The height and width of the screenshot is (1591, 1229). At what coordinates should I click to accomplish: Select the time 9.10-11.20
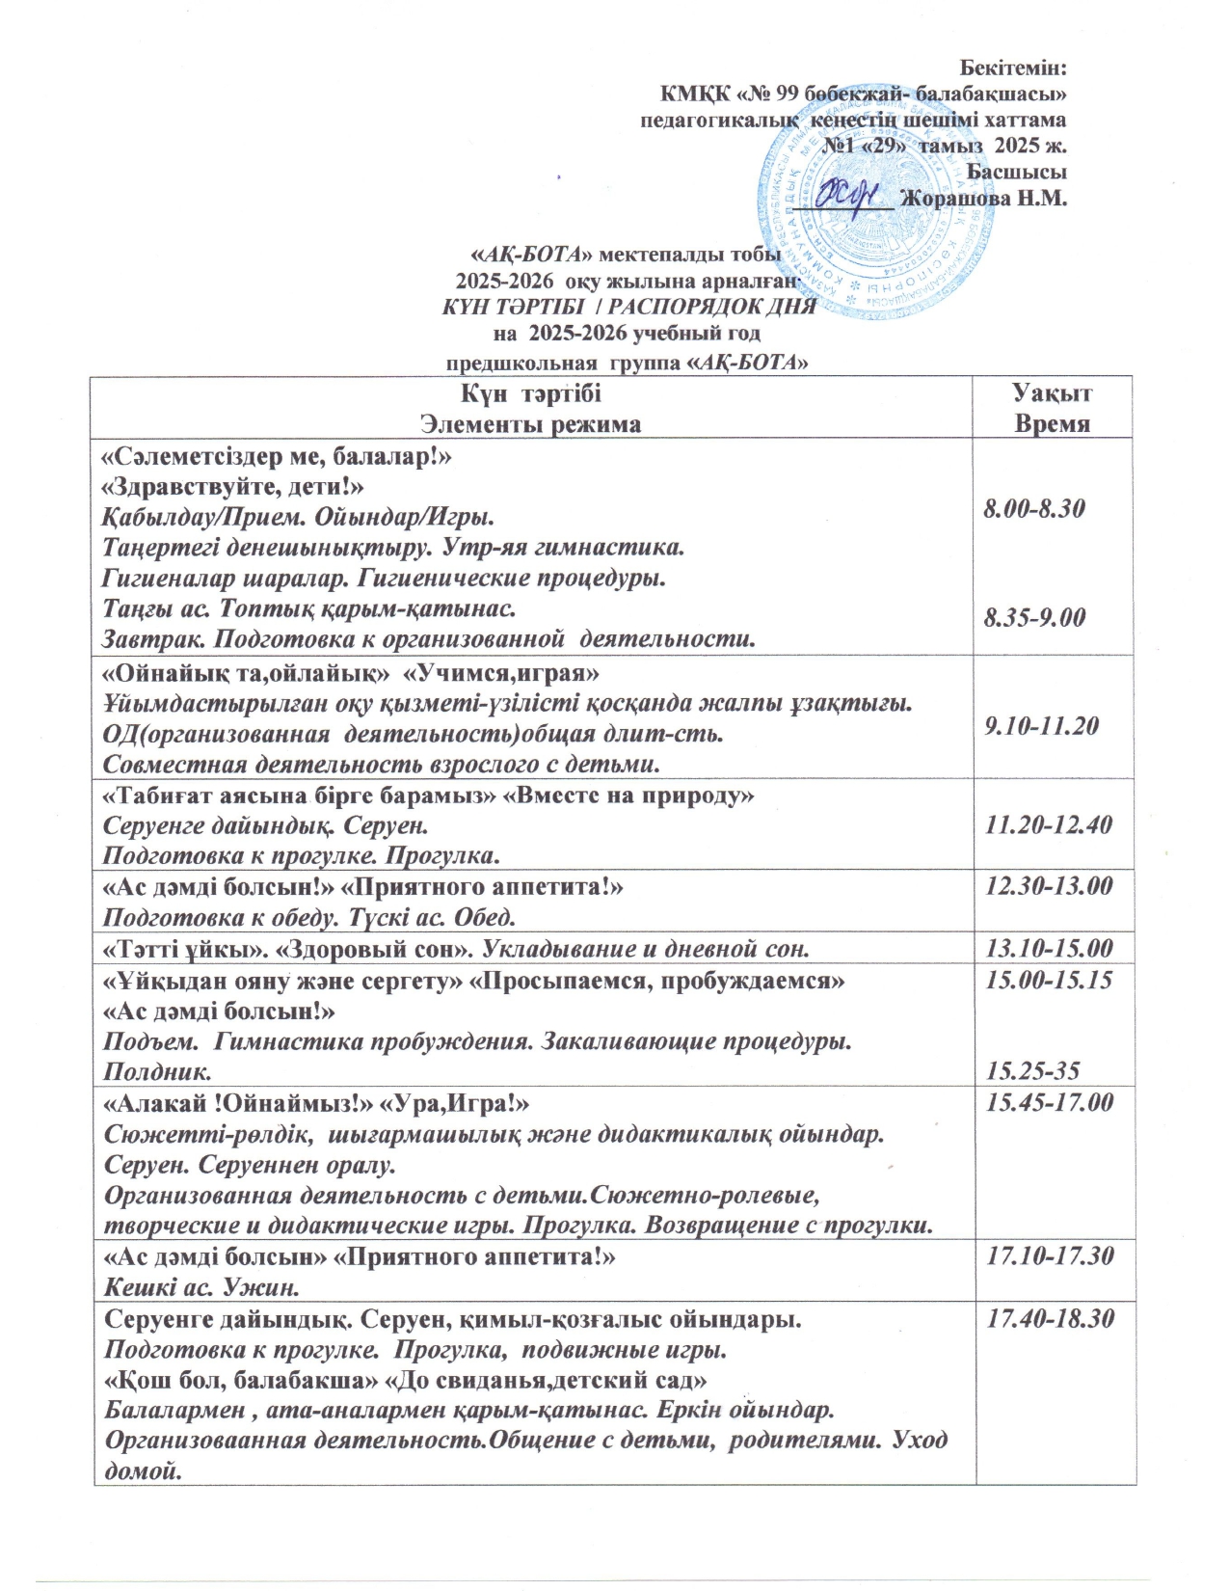1041,726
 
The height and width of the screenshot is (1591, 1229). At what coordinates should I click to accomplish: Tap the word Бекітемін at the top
1016,68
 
